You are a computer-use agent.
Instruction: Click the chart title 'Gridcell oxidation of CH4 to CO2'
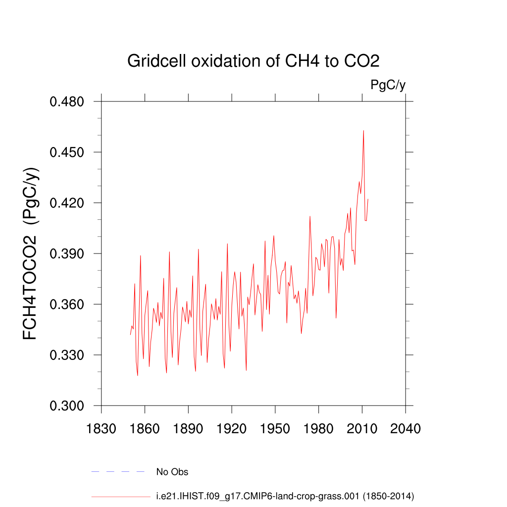(253, 61)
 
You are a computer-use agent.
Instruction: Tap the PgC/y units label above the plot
(388, 85)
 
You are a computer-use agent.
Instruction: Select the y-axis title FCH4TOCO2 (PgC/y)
(31, 253)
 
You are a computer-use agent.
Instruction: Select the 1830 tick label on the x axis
(101, 428)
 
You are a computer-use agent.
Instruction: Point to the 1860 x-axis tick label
(145, 428)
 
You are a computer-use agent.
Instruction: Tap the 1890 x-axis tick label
(188, 428)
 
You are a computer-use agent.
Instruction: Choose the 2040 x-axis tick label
(406, 428)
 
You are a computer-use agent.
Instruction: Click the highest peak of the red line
(363, 131)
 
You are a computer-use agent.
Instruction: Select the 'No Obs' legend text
(172, 472)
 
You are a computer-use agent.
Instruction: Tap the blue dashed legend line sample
(118, 472)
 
